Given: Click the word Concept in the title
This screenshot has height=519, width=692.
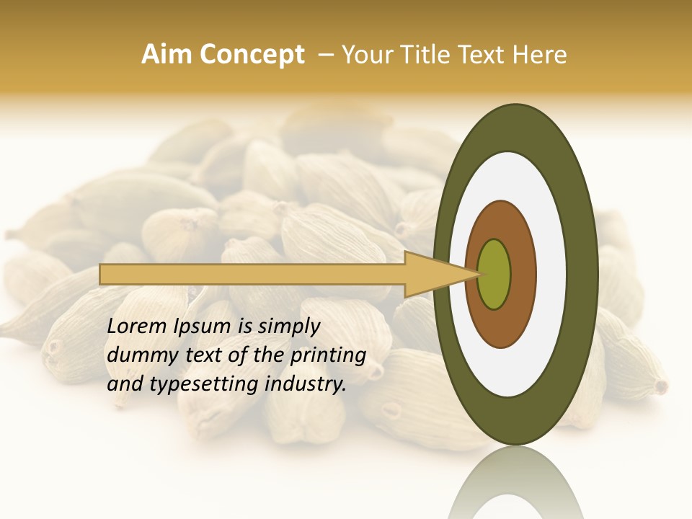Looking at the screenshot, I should tap(252, 55).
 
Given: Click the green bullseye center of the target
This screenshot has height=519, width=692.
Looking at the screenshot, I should tap(494, 274).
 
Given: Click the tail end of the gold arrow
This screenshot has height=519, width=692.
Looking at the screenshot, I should tap(102, 274).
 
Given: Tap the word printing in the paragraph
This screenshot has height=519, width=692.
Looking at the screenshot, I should tap(332, 356).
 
